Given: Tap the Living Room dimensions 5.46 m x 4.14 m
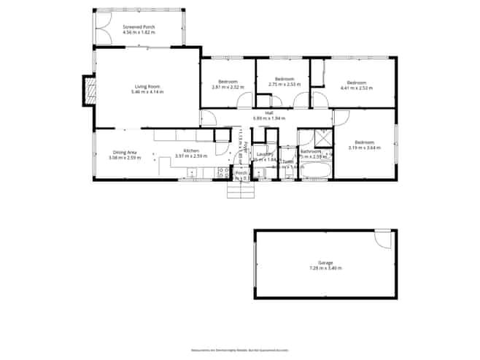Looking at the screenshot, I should pyautogui.click(x=147, y=92).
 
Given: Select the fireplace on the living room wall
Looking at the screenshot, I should pyautogui.click(x=90, y=90).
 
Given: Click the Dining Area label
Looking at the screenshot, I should pyautogui.click(x=114, y=152).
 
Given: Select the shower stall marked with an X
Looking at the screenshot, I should pyautogui.click(x=322, y=137).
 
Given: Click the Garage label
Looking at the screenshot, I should pyautogui.click(x=325, y=263).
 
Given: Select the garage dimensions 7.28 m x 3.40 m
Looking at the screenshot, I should pyautogui.click(x=325, y=268).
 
